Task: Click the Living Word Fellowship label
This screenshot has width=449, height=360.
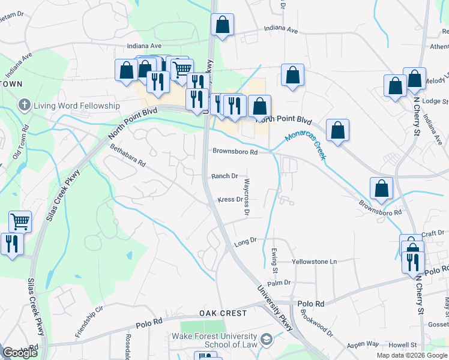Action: tap(77, 106)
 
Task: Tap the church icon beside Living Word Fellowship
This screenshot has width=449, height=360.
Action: tap(25, 105)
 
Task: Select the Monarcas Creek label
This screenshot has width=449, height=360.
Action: tap(306, 145)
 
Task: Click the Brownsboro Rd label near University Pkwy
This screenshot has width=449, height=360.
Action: tap(235, 152)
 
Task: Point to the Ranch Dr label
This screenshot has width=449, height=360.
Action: tap(224, 176)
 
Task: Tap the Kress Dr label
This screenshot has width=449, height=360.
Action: tap(229, 200)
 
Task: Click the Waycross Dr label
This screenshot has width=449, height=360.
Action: tap(247, 196)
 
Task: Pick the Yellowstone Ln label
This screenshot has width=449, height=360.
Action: tap(315, 262)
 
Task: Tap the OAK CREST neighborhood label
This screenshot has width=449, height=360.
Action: tap(223, 314)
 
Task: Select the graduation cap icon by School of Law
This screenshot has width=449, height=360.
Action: tap(267, 340)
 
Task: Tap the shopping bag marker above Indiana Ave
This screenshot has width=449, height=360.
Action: tap(222, 25)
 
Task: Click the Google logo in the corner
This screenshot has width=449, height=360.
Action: tap(20, 353)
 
